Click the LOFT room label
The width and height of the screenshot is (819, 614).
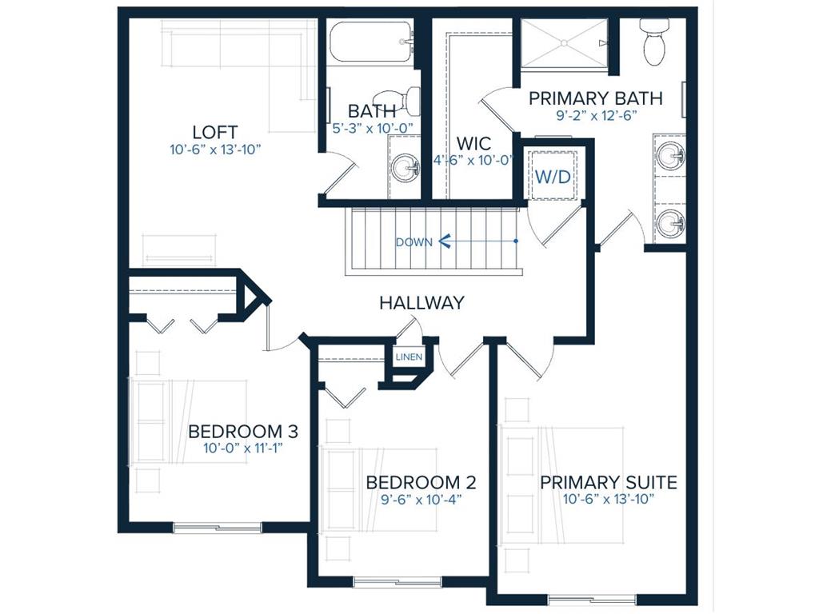[x=215, y=132]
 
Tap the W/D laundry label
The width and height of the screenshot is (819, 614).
[x=553, y=177]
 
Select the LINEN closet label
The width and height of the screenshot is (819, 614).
[x=409, y=357]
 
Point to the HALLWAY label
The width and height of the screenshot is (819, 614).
[x=421, y=303]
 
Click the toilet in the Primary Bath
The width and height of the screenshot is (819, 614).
[x=654, y=42]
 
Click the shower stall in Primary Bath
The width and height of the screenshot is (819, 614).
[x=565, y=43]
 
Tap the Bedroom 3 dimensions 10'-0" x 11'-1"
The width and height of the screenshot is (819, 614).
[x=243, y=448]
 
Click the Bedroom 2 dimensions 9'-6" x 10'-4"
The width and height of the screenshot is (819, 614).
[x=421, y=499]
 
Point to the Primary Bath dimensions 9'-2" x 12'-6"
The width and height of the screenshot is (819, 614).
[x=596, y=115]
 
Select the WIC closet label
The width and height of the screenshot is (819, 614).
[x=473, y=143]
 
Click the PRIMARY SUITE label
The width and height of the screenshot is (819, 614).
[x=609, y=482]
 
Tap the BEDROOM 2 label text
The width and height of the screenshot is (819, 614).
[x=421, y=482]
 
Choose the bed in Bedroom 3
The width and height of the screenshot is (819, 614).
[x=188, y=421]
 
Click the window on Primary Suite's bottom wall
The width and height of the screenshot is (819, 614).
[x=592, y=598]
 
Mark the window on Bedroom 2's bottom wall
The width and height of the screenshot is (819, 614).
[x=398, y=580]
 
